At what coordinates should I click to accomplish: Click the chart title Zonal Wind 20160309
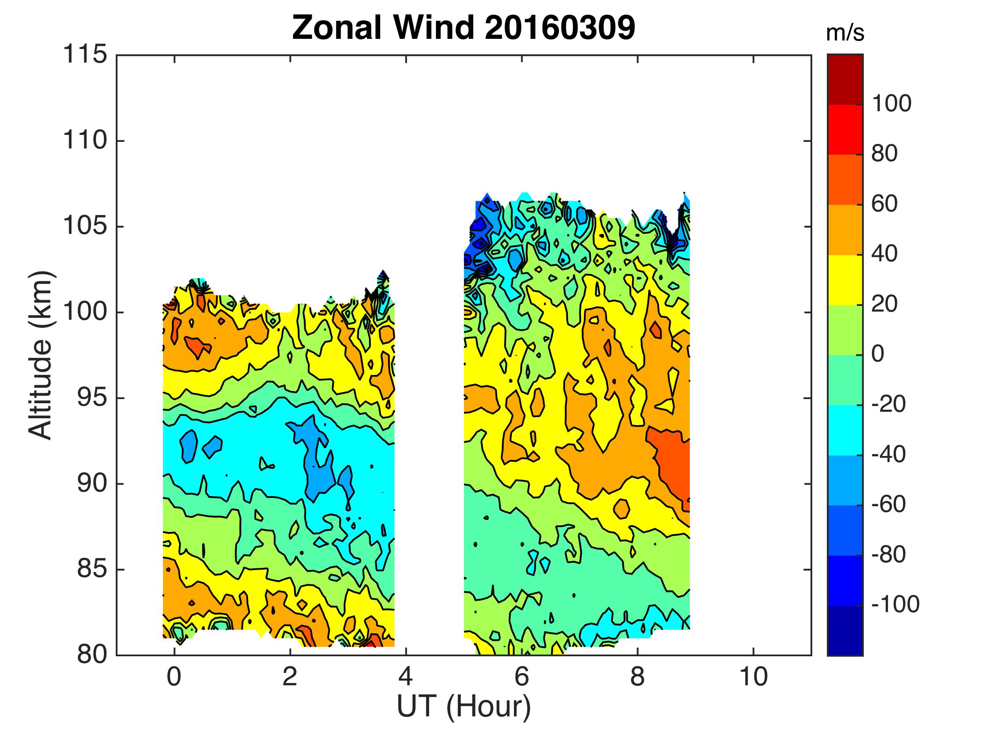click(x=464, y=27)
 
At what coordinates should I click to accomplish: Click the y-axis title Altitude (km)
click(x=41, y=355)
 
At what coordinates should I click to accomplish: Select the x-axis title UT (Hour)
click(x=464, y=706)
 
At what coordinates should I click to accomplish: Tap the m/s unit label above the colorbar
click(x=845, y=34)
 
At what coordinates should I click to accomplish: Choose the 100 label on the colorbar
click(x=892, y=104)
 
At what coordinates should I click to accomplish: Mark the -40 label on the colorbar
click(x=888, y=454)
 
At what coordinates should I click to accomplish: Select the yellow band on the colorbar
click(x=845, y=280)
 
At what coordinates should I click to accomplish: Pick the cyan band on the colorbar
click(x=845, y=430)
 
